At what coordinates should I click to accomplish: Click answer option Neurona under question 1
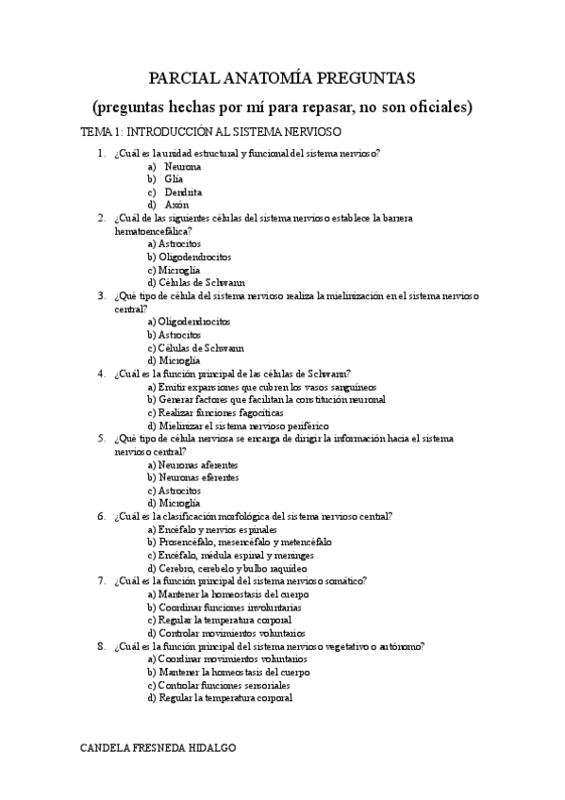(182, 166)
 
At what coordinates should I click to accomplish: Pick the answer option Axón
(176, 204)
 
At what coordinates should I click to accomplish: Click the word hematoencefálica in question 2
(150, 230)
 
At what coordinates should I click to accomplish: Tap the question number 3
(101, 295)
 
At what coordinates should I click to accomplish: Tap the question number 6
(101, 516)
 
